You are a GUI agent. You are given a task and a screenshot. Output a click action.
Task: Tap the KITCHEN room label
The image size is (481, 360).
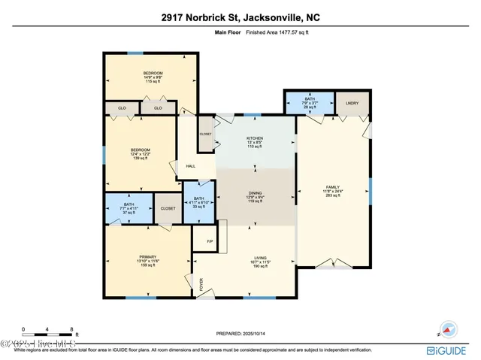[254, 139]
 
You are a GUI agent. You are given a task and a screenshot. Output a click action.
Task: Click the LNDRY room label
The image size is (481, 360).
[352, 102]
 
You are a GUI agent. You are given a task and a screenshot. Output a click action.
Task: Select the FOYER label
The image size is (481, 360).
[201, 284]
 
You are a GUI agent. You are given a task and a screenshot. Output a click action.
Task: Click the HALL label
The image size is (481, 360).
[191, 166]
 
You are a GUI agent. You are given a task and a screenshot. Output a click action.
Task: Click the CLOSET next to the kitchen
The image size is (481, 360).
[205, 134]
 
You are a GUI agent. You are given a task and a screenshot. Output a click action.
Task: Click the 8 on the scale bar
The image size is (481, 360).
[71, 329]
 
